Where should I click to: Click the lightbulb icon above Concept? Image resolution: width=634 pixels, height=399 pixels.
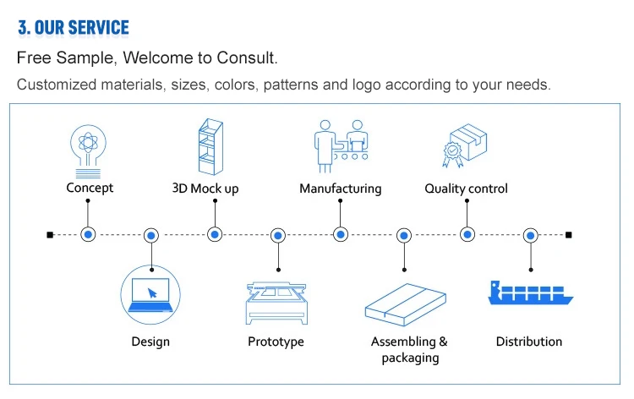pyautogui.click(x=88, y=151)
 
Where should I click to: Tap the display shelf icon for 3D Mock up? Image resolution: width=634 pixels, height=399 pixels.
pyautogui.click(x=210, y=146)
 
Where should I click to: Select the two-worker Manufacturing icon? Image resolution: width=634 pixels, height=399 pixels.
pyautogui.click(x=342, y=146)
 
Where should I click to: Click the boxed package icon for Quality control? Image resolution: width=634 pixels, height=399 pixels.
pyautogui.click(x=465, y=145)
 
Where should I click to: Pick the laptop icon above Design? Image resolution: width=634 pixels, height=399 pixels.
pyautogui.click(x=150, y=295)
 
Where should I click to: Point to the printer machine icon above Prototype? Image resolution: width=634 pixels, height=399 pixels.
pyautogui.click(x=276, y=303)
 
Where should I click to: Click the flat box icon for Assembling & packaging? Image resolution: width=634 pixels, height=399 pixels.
pyautogui.click(x=406, y=304)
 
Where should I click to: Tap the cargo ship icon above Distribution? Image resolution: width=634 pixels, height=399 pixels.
pyautogui.click(x=531, y=292)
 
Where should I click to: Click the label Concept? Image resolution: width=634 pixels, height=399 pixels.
pyautogui.click(x=90, y=188)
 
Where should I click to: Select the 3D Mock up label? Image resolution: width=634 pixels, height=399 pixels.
pyautogui.click(x=205, y=189)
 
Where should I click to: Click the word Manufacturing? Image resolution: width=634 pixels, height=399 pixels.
pyautogui.click(x=341, y=189)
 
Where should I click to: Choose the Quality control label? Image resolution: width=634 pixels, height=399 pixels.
pyautogui.click(x=466, y=189)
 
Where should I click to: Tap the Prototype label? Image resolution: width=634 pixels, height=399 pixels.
pyautogui.click(x=276, y=342)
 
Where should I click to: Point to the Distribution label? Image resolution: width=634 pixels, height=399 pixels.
pyautogui.click(x=529, y=342)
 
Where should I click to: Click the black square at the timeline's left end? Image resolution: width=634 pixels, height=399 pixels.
pyautogui.click(x=50, y=235)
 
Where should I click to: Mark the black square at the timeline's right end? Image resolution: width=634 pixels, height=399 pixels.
pyautogui.click(x=569, y=235)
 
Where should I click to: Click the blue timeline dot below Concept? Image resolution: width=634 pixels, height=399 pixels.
pyautogui.click(x=88, y=234)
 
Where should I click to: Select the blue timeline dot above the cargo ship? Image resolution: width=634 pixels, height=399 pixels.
pyautogui.click(x=531, y=235)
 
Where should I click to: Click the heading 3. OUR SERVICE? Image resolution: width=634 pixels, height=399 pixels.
pyautogui.click(x=74, y=28)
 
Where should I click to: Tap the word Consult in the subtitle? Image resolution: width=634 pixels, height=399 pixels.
pyautogui.click(x=246, y=57)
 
